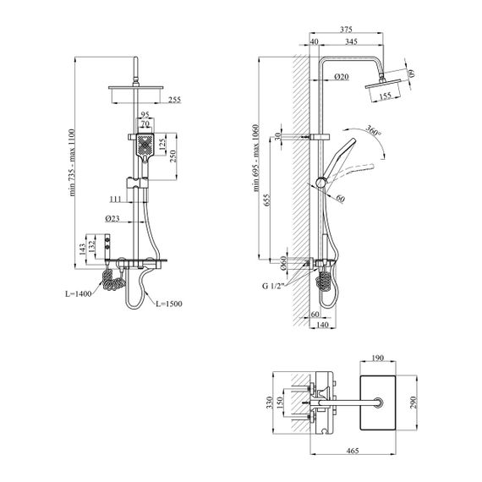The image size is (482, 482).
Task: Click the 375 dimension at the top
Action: click(346, 30)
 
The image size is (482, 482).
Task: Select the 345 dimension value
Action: click(351, 41)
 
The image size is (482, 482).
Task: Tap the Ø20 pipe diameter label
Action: click(342, 77)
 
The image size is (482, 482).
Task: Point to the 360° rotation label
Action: click(373, 130)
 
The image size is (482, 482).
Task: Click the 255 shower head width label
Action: click(174, 100)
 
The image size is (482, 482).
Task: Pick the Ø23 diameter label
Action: click(112, 218)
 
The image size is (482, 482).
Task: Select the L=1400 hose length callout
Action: click(79, 294)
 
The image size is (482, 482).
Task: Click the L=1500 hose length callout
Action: click(169, 304)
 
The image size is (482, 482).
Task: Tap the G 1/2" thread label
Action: click(272, 286)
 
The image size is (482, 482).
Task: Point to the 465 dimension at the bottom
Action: click(353, 451)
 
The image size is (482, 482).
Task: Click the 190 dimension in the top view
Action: click(377, 359)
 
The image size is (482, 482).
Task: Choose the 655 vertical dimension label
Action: click(267, 200)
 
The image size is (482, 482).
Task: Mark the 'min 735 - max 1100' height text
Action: click(72, 162)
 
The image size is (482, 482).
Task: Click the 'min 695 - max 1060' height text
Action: click(256, 158)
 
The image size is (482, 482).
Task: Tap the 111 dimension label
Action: click(116, 200)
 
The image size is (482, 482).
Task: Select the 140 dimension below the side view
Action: click(322, 325)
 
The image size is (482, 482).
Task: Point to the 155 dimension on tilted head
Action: click(385, 96)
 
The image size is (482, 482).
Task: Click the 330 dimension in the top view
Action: click(270, 403)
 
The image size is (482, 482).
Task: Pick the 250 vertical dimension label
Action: click(173, 156)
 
